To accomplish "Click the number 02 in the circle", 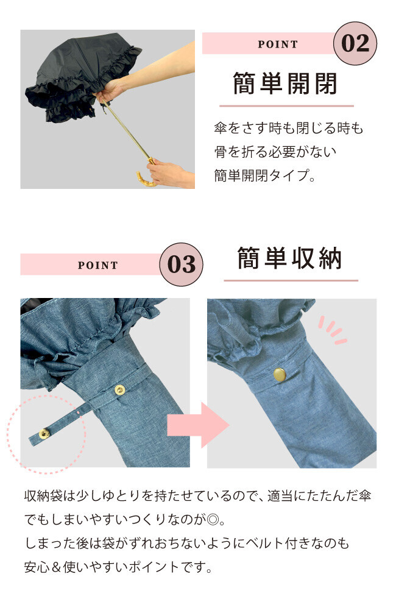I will (x=355, y=43).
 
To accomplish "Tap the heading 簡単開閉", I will (x=285, y=83).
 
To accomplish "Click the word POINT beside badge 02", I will (x=278, y=44).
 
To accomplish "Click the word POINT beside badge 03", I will (x=98, y=265).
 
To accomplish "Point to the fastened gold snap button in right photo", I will (x=279, y=374).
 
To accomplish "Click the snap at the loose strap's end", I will (x=44, y=433).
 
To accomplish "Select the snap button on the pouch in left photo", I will (x=119, y=389).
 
